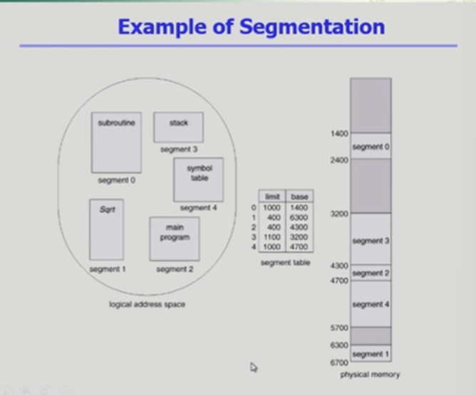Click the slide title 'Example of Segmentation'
coord(251,27)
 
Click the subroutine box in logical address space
coord(116,142)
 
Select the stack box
coord(178,127)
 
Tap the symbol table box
coord(198,179)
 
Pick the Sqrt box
coord(106,229)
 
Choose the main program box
coord(174,238)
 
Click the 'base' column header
coord(299,196)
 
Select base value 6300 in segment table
coord(299,216)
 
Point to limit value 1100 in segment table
coord(272,236)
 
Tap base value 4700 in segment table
coord(299,246)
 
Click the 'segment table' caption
coord(285,262)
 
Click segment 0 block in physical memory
coord(371,146)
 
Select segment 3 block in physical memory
coord(371,240)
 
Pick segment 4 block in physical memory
coord(371,304)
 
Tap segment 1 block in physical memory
coord(371,354)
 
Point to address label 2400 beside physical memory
coord(339,160)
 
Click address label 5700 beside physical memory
coord(339,327)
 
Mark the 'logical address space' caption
coord(148,304)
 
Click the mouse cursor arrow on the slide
coord(254,367)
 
